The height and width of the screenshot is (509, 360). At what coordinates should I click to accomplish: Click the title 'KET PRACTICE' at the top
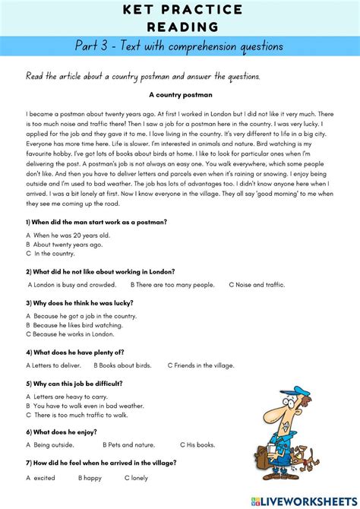pos(180,10)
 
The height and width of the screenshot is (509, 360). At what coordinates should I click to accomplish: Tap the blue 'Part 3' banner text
pos(180,46)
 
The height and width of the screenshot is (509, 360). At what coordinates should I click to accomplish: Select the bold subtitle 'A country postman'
pos(180,95)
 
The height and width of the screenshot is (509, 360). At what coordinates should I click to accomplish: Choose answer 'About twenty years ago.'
pos(71,245)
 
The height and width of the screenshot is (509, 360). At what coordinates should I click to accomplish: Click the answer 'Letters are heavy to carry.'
pos(71,397)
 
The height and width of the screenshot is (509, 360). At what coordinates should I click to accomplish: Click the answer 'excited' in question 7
pos(44,478)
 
